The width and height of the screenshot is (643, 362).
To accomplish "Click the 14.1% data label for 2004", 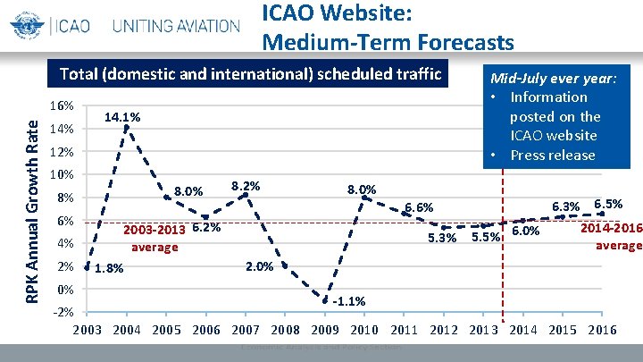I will coord(122,117).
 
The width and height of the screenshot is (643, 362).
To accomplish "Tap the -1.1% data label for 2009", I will coord(347,300).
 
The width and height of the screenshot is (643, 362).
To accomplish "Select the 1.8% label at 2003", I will coord(109,268).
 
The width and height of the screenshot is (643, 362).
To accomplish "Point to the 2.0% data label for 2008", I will coord(259,266).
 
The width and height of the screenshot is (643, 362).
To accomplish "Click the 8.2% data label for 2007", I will coord(246,186).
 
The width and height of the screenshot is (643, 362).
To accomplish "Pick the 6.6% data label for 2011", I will coord(419,208).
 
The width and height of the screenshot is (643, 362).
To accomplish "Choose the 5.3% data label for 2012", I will coord(442,238).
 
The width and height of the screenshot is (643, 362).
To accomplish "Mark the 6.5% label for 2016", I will coord(608,204).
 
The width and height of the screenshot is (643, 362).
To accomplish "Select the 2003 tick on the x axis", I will coord(87,330).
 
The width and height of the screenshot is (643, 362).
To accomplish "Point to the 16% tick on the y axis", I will coord(62,105).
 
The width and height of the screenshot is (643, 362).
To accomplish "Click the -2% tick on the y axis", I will coord(62,312).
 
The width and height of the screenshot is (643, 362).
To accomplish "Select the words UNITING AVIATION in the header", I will coord(176,25).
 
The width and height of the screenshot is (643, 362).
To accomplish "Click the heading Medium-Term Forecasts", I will coord(388,42).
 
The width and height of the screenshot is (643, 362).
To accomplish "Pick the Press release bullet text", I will coord(552,155).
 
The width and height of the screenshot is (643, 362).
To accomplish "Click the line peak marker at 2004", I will coord(127,127).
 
